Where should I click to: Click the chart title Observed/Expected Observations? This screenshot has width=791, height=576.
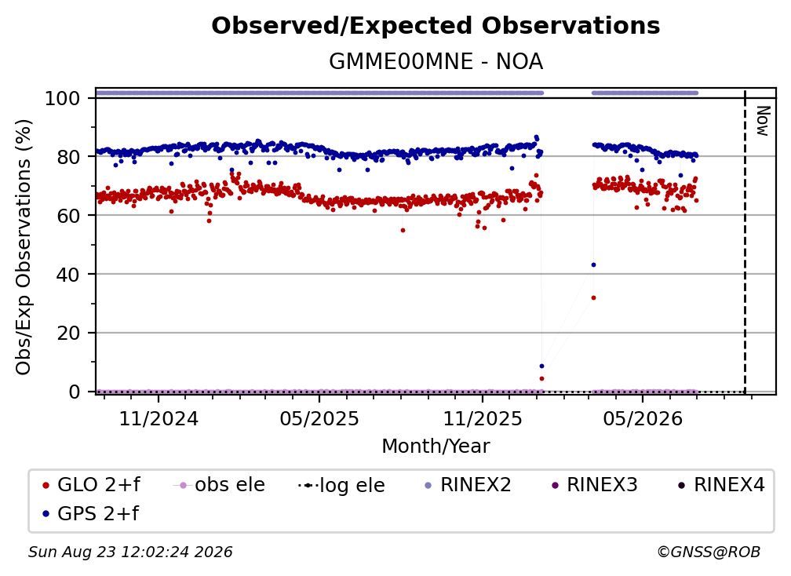pos(436,26)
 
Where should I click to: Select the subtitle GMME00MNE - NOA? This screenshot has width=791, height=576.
pos(436,62)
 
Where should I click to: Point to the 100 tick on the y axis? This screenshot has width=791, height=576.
pos(63,98)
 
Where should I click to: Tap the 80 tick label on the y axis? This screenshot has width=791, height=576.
pos(68,157)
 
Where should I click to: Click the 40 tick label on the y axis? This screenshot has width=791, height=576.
pos(68,275)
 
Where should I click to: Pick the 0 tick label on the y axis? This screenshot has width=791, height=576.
pos(75,392)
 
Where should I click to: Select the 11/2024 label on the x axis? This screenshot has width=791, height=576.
pos(159,418)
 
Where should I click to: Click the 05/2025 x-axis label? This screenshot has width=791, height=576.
pos(319,418)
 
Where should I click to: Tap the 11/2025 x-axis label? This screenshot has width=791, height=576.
pos(483,418)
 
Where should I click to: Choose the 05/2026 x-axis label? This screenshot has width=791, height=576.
pos(642,418)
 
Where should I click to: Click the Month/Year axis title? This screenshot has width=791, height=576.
pos(436,447)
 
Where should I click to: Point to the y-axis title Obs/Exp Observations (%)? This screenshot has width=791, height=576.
pos(24,246)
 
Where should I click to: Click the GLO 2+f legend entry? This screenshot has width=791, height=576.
pos(91,485)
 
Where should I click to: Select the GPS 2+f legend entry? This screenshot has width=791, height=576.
pos(91,513)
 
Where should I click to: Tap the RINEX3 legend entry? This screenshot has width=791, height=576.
pos(594,485)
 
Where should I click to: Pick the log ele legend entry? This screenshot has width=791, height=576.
pos(341,485)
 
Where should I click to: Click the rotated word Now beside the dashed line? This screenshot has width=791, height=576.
pos(762,121)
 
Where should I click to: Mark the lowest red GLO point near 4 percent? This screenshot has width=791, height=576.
pos(541,379)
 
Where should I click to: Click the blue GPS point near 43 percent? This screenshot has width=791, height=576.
pos(593,264)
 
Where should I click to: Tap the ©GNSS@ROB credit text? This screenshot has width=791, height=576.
pos(709,552)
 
